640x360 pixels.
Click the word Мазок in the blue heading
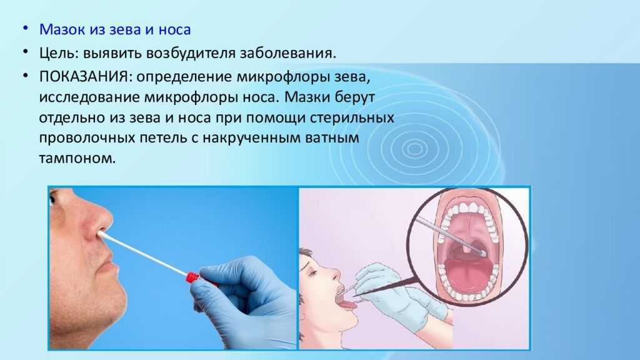(x=62, y=30)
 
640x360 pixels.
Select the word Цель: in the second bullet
(x=59, y=54)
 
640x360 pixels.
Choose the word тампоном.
(x=77, y=158)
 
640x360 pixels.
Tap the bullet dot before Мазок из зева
(x=26, y=29)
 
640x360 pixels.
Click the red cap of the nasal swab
(x=192, y=277)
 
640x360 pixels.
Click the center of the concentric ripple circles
(x=415, y=149)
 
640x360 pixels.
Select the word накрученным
(x=251, y=138)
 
